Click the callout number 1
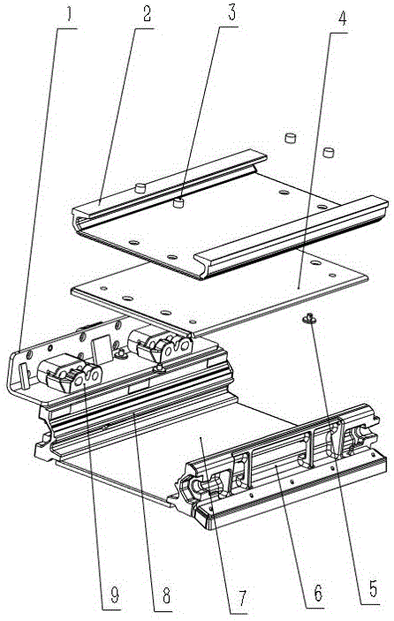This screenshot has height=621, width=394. tap(69, 15)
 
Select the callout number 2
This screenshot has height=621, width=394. tap(147, 14)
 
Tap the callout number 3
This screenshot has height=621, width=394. tap(231, 12)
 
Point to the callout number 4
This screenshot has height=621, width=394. tap(342, 19)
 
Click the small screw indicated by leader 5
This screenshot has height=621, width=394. tap(309, 317)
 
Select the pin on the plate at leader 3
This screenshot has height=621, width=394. tap(180, 204)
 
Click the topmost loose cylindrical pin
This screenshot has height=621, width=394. tap(291, 138)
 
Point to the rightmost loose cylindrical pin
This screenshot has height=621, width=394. tap(329, 152)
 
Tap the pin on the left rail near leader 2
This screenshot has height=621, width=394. tap(140, 187)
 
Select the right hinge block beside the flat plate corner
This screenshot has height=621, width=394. tap(160, 344)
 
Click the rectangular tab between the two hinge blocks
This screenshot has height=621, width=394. tap(102, 350)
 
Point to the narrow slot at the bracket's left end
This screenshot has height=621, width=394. tap(24, 375)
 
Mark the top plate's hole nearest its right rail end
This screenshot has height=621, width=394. tap(322, 207)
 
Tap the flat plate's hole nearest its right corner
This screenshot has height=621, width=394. tap(332, 276)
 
